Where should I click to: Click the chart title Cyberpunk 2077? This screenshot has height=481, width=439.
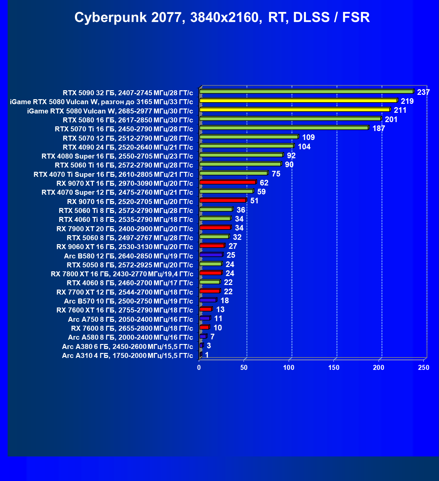[222, 17]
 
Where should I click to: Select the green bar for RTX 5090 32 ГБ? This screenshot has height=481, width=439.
[306, 92]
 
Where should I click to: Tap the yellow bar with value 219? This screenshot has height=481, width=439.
[298, 101]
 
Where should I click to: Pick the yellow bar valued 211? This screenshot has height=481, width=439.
[294, 109]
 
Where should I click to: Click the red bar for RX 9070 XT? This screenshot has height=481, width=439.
[227, 182]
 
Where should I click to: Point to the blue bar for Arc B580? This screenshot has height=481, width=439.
[211, 255]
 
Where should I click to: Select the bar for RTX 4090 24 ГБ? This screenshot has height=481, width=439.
[246, 146]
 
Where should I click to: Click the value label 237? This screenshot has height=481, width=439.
[423, 92]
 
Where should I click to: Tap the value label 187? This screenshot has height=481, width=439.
[379, 128]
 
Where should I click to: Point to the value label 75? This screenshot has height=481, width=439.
[276, 174]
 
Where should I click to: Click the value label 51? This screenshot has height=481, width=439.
[255, 201]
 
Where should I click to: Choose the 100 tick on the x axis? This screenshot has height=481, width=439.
[289, 368]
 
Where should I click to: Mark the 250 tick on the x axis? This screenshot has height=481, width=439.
[424, 368]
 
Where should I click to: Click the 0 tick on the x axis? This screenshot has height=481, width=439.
[199, 368]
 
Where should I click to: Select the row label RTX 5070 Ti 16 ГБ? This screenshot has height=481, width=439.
[124, 129]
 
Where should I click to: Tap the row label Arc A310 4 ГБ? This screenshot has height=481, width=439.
[127, 356]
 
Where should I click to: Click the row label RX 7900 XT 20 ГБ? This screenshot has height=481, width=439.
[125, 229]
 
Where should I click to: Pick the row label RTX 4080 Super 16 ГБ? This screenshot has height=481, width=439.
[117, 156]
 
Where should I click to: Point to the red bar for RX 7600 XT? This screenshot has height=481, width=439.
[205, 309]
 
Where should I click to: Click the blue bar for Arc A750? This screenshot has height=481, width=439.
[204, 318]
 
